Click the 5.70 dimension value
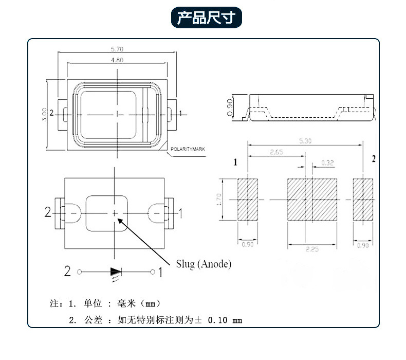click(117, 49)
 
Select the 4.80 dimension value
click(117, 60)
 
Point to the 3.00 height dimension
click(45, 114)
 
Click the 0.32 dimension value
click(327, 163)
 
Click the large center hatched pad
click(311, 200)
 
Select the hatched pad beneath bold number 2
click(363, 200)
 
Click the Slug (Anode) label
click(204, 264)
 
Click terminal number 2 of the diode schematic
click(67, 272)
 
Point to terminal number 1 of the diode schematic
click(160, 272)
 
